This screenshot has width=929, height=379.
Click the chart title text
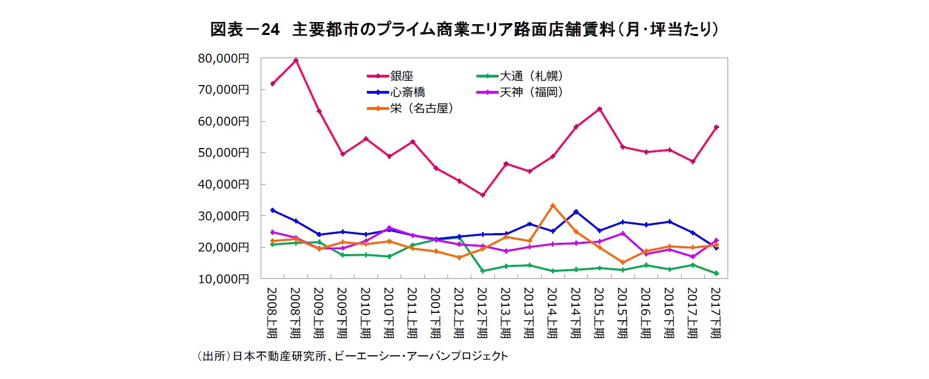464,29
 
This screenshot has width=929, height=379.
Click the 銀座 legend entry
401,76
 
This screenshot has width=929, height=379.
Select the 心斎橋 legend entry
407,93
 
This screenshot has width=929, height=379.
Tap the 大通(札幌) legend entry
531,76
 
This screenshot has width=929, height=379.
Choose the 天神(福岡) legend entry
531,93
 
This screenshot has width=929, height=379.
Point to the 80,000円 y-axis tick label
223,58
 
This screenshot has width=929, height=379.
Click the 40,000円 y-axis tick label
223,184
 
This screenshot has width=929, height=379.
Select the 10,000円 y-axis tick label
223,279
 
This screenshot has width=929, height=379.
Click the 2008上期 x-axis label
273,312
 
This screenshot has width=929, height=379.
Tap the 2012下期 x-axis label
483,312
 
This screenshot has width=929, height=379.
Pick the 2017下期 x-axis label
716,312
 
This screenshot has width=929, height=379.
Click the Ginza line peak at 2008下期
296,60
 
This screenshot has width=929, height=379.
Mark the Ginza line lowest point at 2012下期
483,195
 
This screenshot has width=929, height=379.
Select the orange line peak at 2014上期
553,205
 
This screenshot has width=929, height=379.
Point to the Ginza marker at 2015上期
599,109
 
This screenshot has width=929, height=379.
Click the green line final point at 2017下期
716,273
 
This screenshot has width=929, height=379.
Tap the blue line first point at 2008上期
273,210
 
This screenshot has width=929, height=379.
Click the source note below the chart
353,356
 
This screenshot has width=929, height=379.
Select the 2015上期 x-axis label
599,312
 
